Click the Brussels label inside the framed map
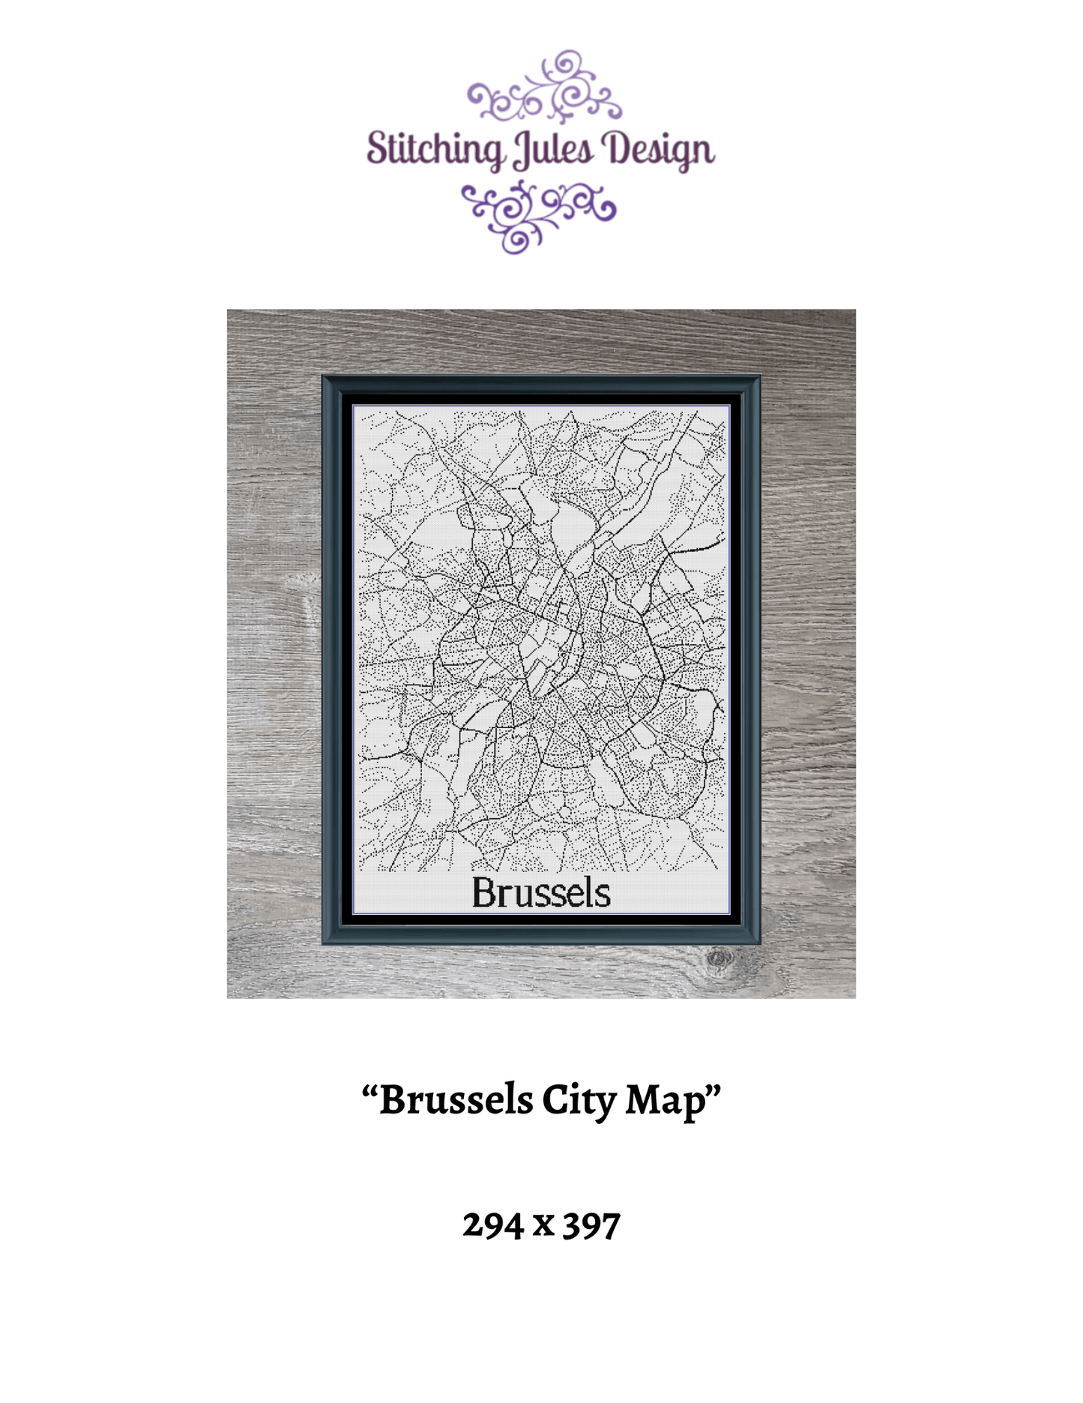point(541,892)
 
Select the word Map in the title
point(666,1102)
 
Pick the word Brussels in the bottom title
point(456,1100)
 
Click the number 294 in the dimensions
point(492,1225)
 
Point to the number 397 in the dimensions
point(591,1225)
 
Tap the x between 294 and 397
point(543,1228)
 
